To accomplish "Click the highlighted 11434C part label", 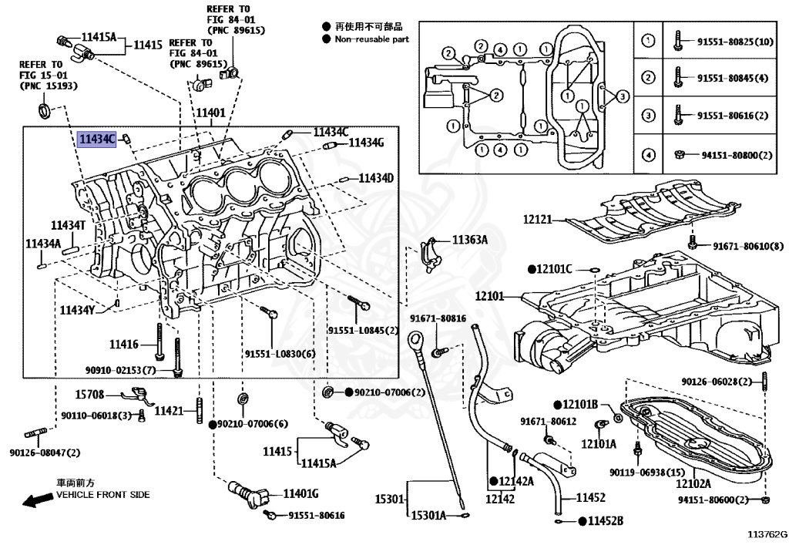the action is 97,139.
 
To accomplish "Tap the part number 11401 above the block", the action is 210,113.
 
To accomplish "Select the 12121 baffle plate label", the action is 537,220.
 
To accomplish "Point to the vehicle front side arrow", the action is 39,500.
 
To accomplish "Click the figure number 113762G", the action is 767,534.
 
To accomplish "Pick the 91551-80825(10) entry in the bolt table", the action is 735,42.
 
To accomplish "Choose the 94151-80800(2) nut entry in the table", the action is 737,155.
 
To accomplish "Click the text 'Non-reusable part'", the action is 372,39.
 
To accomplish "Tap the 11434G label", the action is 366,143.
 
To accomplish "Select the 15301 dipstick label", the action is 389,500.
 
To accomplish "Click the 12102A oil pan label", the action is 693,483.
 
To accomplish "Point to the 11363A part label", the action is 470,240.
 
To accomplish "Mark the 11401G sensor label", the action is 301,493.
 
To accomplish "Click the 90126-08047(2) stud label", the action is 45,452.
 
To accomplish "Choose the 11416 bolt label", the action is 124,345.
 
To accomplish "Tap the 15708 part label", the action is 89,395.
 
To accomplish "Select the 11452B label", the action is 606,521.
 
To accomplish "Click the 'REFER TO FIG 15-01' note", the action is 49,75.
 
